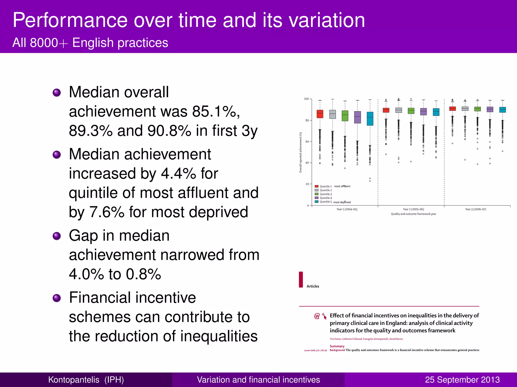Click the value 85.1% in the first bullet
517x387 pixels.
click(216, 111)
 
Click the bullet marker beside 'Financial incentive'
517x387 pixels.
click(57, 298)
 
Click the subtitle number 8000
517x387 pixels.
click(44, 43)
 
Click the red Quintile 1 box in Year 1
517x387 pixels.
click(320, 114)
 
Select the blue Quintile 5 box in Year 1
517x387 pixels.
click(370, 119)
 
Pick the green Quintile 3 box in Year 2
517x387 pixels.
click(411, 111)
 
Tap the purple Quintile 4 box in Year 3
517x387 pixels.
click(490, 109)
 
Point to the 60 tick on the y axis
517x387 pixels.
click(307, 142)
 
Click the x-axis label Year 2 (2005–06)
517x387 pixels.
click(413, 209)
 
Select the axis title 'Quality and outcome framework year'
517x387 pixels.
click(413, 214)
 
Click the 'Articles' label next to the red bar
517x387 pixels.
click(313, 286)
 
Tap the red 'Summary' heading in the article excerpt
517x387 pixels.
click(337, 346)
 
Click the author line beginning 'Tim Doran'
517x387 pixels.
click(366, 339)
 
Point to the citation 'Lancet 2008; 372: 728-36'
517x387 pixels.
click(315, 350)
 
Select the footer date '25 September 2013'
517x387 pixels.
click(462, 380)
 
